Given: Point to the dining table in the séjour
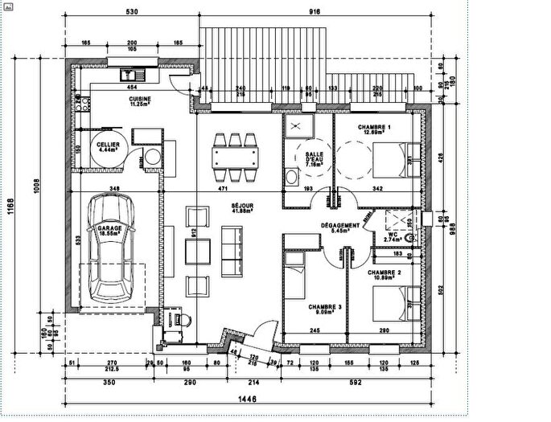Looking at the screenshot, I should (x=236, y=157).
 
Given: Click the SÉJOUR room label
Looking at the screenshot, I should (x=242, y=207).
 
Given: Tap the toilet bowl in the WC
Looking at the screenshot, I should (x=409, y=239).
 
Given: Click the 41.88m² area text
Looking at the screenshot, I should (x=242, y=213).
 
